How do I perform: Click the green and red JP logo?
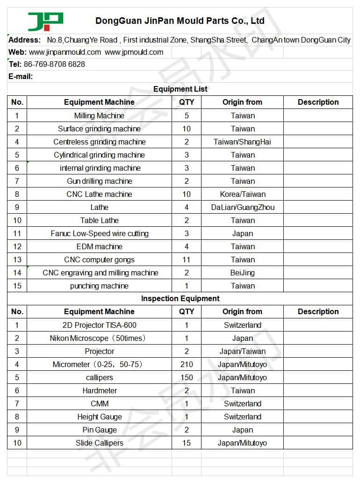(x=45, y=21)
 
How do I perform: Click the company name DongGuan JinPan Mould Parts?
(x=180, y=21)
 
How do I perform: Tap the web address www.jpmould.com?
(x=134, y=52)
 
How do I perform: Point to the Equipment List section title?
(x=180, y=89)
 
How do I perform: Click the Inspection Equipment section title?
(x=180, y=298)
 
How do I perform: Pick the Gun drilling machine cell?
(x=99, y=181)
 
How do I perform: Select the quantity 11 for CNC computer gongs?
(x=187, y=260)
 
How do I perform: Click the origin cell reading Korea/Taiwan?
(x=243, y=194)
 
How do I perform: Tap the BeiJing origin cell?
(x=243, y=273)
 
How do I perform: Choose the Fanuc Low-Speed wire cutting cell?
(x=99, y=233)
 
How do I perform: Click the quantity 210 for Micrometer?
(x=187, y=364)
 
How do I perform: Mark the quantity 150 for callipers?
(x=187, y=377)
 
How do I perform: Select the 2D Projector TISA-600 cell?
(x=99, y=325)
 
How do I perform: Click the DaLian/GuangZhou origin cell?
(x=243, y=207)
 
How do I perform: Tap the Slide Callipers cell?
(x=99, y=443)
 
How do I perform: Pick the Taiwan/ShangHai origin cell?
(x=242, y=142)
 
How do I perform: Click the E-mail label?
(x=21, y=77)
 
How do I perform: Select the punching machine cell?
(x=99, y=286)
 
